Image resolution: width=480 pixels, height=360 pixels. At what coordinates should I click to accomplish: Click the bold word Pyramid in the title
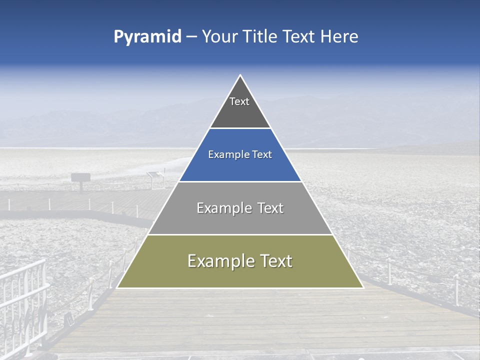point(147,37)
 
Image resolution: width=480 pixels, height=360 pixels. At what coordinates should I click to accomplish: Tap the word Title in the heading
point(260,37)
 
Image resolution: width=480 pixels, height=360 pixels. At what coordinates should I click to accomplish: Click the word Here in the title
point(339,37)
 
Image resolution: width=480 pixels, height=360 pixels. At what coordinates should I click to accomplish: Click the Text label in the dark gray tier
point(239,101)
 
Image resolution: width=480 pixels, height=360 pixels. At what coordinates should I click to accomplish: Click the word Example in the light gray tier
point(222,208)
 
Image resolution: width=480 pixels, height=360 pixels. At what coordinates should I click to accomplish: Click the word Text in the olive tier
point(273,261)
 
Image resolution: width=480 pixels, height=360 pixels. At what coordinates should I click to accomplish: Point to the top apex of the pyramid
point(240,75)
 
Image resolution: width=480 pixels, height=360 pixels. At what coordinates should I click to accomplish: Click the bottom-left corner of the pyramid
point(117,287)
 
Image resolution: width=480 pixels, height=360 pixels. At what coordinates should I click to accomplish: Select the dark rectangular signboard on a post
point(80,177)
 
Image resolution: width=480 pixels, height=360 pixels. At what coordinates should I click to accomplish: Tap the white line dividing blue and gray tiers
point(240,181)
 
